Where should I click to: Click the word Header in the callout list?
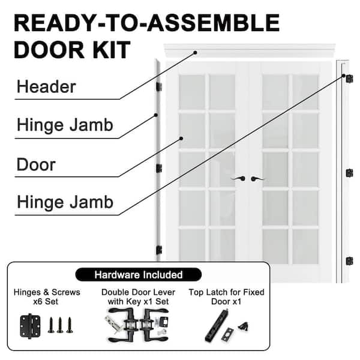click(46, 87)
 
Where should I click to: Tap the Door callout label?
click(36, 164)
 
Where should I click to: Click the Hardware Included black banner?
click(139, 275)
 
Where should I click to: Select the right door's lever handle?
click(257, 179)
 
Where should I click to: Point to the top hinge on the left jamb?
click(159, 86)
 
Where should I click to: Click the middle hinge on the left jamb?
click(159, 168)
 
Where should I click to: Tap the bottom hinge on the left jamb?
click(159, 250)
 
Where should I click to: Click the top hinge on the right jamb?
click(349, 79)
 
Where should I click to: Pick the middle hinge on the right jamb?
click(349, 173)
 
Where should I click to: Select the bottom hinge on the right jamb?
click(349, 261)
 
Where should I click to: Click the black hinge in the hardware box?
click(30, 326)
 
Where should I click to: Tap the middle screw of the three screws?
click(60, 325)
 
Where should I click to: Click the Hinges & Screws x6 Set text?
click(47, 296)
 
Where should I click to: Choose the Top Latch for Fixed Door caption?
click(226, 296)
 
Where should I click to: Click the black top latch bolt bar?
click(216, 325)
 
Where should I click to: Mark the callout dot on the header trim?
click(195, 53)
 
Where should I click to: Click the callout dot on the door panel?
click(181, 139)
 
